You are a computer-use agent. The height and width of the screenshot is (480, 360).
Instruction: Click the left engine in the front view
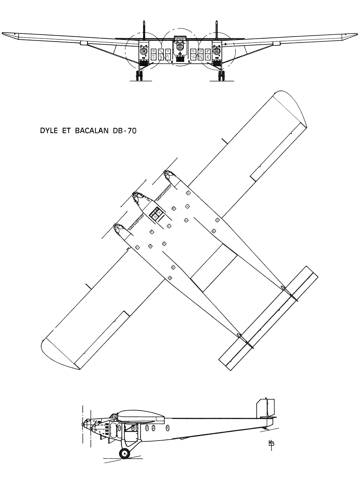143,51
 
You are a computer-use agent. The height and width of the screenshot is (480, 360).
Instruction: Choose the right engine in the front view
217,51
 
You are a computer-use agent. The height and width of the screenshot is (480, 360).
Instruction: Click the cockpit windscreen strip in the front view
180,38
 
